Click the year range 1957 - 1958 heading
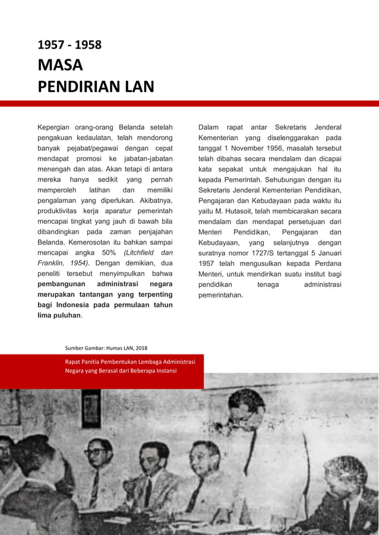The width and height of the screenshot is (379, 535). click(70, 45)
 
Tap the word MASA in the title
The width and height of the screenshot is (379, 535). click(60, 65)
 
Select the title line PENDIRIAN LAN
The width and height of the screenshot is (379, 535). click(96, 87)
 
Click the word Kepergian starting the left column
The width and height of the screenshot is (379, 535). click(57, 128)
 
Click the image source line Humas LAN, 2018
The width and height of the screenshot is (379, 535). click(106, 347)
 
